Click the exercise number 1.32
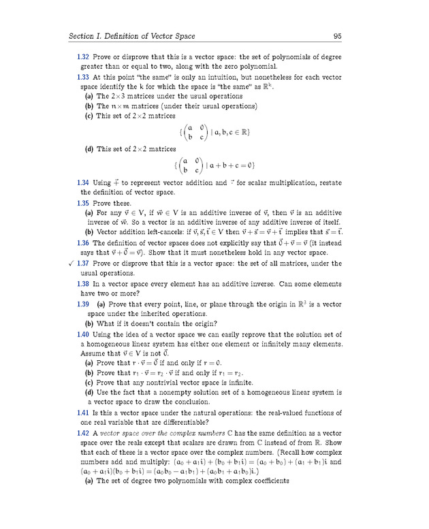[x=84, y=57]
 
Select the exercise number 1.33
[x=84, y=78]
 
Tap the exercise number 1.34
[x=84, y=183]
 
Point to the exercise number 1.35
[x=84, y=203]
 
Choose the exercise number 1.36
[x=84, y=243]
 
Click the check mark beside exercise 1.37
[x=70, y=263]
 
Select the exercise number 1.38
[x=84, y=283]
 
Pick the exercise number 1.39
[x=84, y=304]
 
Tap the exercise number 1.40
[x=84, y=334]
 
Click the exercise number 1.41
[x=84, y=413]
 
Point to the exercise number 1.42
[x=84, y=433]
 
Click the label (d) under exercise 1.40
[x=89, y=393]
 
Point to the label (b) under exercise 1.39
[x=89, y=323]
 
